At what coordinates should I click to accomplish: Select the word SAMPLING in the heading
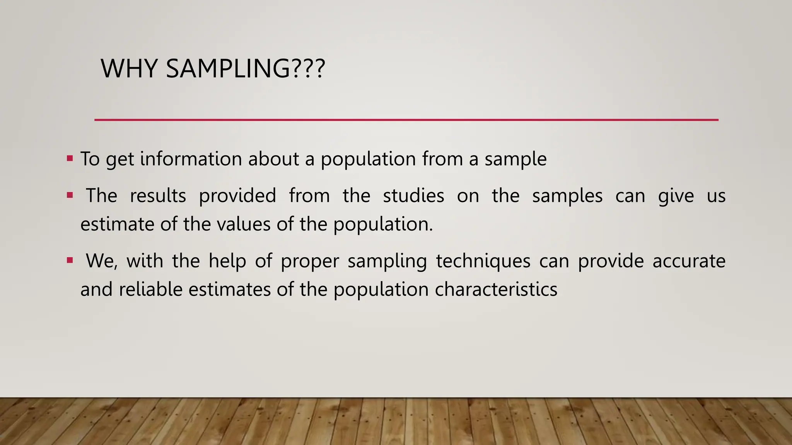point(227,69)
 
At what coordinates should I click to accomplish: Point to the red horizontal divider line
point(406,120)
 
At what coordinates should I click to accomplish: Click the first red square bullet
point(70,158)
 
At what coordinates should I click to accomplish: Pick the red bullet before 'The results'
point(70,195)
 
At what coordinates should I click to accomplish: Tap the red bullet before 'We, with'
point(70,260)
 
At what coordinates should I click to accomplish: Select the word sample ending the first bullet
point(515,160)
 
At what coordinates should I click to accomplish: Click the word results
point(158,195)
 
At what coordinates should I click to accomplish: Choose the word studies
point(413,195)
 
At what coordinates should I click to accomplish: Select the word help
point(227,261)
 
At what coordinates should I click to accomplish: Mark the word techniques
point(483,261)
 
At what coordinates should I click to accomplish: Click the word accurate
point(689,261)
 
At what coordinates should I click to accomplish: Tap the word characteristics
point(496,289)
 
